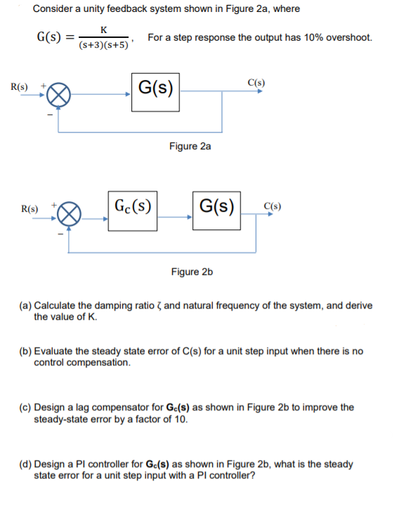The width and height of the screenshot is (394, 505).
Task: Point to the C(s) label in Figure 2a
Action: pos(256,82)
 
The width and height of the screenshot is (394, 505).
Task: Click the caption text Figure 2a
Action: pos(190,146)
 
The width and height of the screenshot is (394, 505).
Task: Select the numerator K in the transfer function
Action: pos(104,29)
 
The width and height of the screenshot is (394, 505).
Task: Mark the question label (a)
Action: pos(25,306)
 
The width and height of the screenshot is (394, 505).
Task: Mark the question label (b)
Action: pos(25,351)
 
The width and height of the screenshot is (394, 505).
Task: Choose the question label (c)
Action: pos(25,408)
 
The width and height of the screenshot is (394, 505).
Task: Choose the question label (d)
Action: pos(25,464)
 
